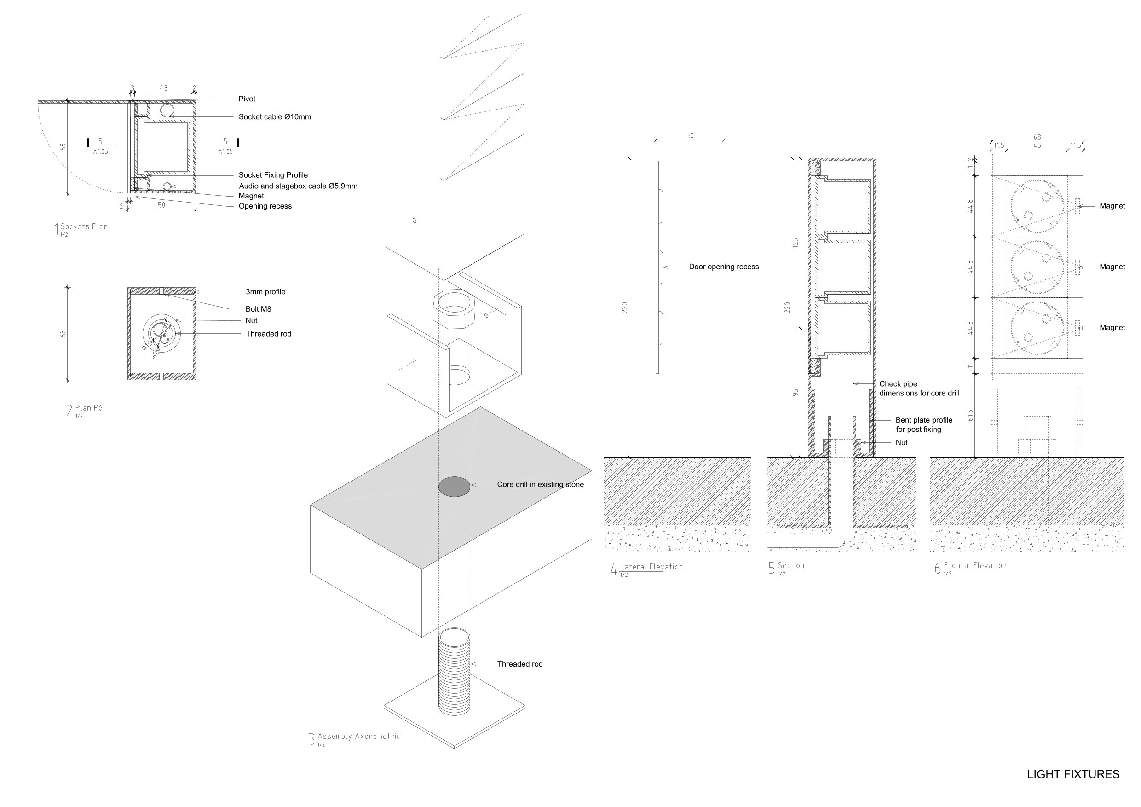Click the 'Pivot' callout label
point(247,99)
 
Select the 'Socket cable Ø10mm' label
point(275,117)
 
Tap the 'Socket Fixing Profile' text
point(273,175)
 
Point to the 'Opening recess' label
point(265,206)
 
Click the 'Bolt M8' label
point(259,309)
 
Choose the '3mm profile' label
point(265,292)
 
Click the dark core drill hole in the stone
point(454,486)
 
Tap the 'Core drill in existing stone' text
point(541,484)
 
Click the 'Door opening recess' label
point(724,267)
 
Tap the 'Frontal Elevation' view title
point(975,565)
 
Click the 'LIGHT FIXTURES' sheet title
point(1073,774)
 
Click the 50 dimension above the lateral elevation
point(690,135)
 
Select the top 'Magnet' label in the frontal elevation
point(1112,206)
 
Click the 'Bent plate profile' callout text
point(924,420)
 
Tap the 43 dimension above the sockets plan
point(163,88)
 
